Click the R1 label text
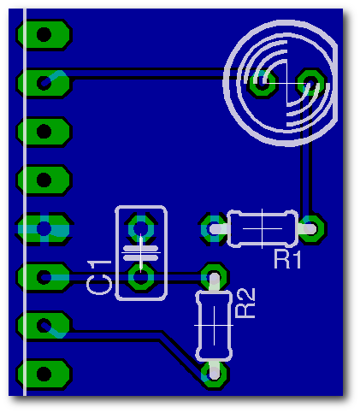click(x=287, y=259)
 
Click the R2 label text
click(x=245, y=303)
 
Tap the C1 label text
click(x=99, y=277)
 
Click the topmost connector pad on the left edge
click(x=44, y=35)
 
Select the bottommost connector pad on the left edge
click(x=44, y=375)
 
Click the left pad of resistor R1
click(x=214, y=229)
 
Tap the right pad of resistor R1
click(x=311, y=229)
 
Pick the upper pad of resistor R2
click(x=215, y=277)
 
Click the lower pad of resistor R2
click(x=215, y=374)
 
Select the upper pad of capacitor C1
click(x=141, y=228)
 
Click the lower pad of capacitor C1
click(x=141, y=277)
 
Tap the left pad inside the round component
click(x=262, y=83)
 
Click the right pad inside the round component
click(x=310, y=83)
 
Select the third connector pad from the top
click(x=44, y=132)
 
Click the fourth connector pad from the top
click(x=44, y=180)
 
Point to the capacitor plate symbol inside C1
click(x=140, y=253)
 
